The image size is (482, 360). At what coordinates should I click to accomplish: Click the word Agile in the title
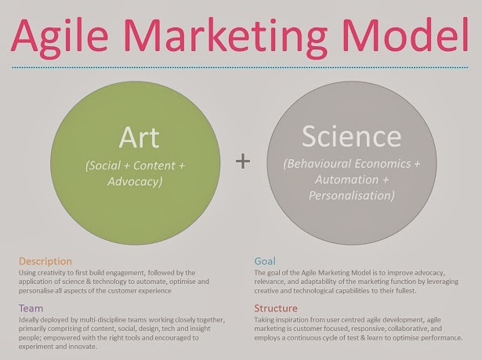[x=60, y=37]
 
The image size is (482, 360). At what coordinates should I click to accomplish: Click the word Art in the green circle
[x=140, y=137]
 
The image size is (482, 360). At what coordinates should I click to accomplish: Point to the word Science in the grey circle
[x=351, y=136]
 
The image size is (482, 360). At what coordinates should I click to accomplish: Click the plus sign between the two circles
[x=243, y=162]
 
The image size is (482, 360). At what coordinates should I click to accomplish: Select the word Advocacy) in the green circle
[x=135, y=181]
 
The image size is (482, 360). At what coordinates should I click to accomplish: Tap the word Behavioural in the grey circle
[x=317, y=164]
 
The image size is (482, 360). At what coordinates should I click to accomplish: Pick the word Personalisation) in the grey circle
[x=352, y=195]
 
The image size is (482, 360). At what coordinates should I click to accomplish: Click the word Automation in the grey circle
[x=346, y=180]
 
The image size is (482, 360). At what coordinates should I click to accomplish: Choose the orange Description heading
[x=45, y=261]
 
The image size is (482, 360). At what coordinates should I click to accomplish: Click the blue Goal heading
[x=265, y=261]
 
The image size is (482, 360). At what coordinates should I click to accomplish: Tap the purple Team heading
[x=31, y=308]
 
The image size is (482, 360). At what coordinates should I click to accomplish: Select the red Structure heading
[x=276, y=308]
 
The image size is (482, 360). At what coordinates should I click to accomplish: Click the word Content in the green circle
[x=154, y=165]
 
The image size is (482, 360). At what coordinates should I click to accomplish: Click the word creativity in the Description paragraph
[x=49, y=273]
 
